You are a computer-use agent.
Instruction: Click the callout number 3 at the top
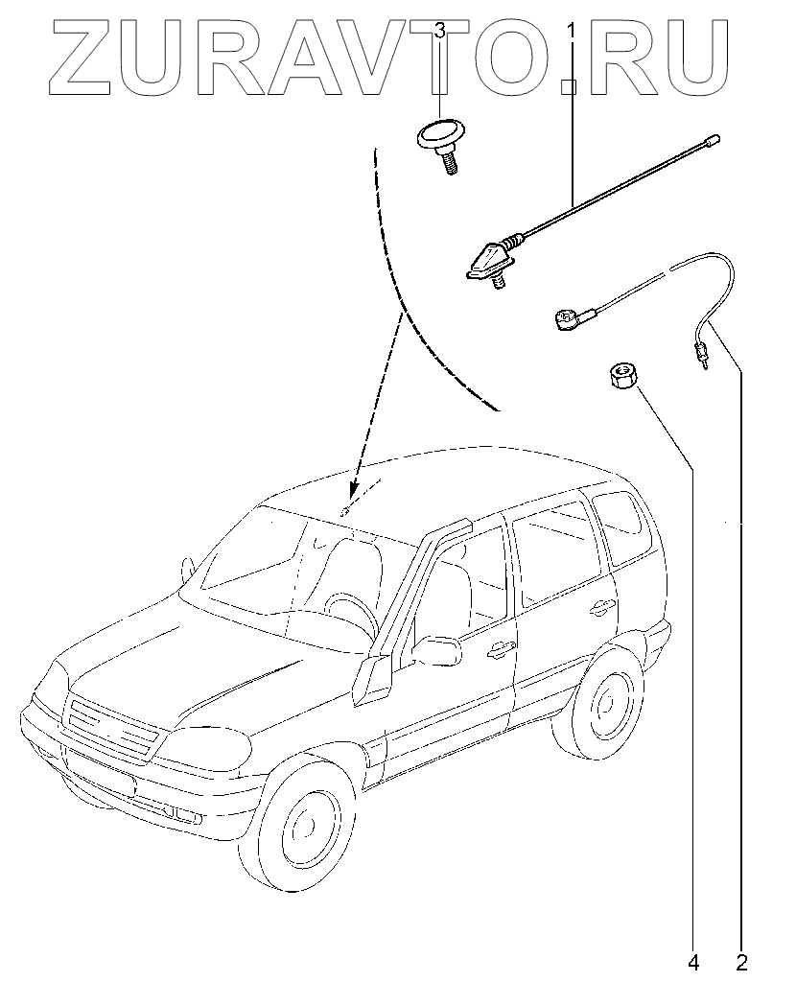439,32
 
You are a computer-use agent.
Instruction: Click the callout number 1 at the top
572,32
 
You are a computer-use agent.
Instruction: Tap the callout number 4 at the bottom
692,960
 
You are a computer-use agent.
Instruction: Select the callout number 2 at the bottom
741,960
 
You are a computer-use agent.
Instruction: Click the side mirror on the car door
436,651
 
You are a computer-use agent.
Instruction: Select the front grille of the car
110,728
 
